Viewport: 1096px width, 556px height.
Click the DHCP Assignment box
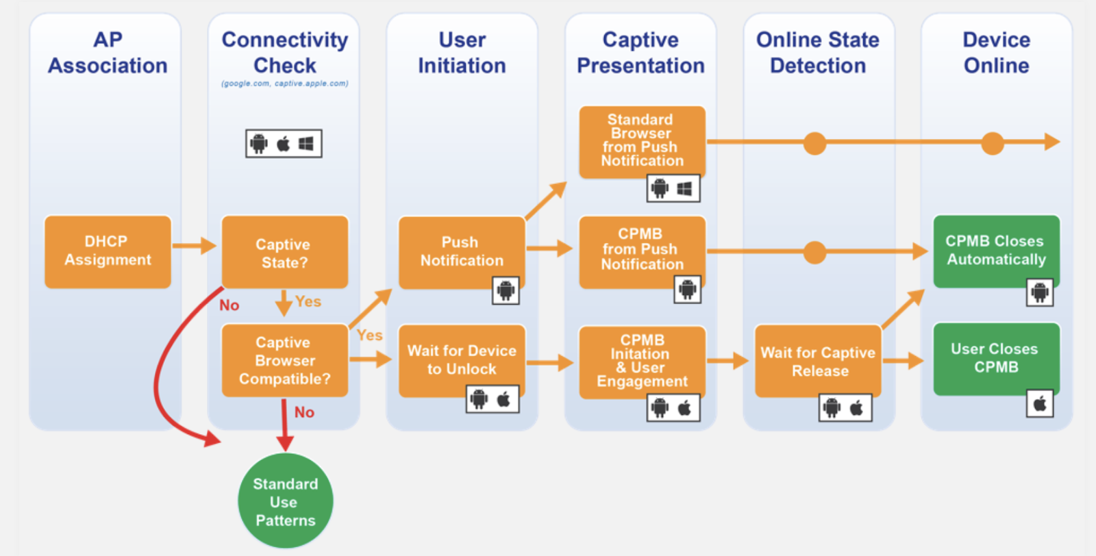108,251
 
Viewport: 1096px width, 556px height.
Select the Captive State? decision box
284,252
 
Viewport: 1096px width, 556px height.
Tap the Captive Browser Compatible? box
284,360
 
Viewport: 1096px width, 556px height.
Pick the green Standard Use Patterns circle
285,501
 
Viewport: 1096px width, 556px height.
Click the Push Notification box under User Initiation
461,251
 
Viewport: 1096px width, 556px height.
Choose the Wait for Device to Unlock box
461,359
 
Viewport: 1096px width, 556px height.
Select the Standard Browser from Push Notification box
642,140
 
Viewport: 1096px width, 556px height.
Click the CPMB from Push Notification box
642,249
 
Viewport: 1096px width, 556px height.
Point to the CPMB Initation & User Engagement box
642,361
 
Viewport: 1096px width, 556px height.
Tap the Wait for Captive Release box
818,361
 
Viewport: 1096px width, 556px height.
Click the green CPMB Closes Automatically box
996,250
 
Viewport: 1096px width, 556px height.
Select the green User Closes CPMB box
996,358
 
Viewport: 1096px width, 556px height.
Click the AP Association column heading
108,53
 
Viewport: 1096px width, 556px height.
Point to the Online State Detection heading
818,53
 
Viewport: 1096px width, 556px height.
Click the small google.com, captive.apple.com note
284,84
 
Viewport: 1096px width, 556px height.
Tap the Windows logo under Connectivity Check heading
306,144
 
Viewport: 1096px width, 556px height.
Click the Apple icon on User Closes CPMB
1040,404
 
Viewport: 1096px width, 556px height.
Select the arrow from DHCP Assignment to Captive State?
195,245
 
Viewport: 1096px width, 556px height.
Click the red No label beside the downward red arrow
304,412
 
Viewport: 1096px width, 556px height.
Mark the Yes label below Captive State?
308,301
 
